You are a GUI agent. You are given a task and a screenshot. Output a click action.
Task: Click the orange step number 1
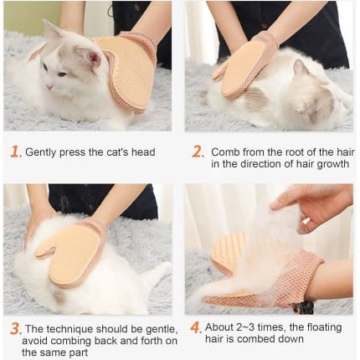[x=15, y=152]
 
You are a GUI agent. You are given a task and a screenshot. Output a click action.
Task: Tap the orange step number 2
[x=198, y=152]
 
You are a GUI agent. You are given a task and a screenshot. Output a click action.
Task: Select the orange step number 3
[x=16, y=329]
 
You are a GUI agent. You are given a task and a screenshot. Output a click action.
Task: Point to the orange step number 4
[x=196, y=327]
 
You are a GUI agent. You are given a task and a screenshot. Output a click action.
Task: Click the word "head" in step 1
[x=143, y=152]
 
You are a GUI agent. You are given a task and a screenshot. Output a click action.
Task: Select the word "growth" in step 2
[x=332, y=164]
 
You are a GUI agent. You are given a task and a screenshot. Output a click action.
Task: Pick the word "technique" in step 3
[x=69, y=330]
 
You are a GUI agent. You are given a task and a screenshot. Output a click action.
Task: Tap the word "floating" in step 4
[x=324, y=327]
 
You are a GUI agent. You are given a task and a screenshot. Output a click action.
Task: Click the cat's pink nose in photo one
[x=49, y=87]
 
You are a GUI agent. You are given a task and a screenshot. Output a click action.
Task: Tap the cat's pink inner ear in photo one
[x=95, y=58]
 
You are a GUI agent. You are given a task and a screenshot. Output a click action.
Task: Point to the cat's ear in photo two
[x=301, y=67]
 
